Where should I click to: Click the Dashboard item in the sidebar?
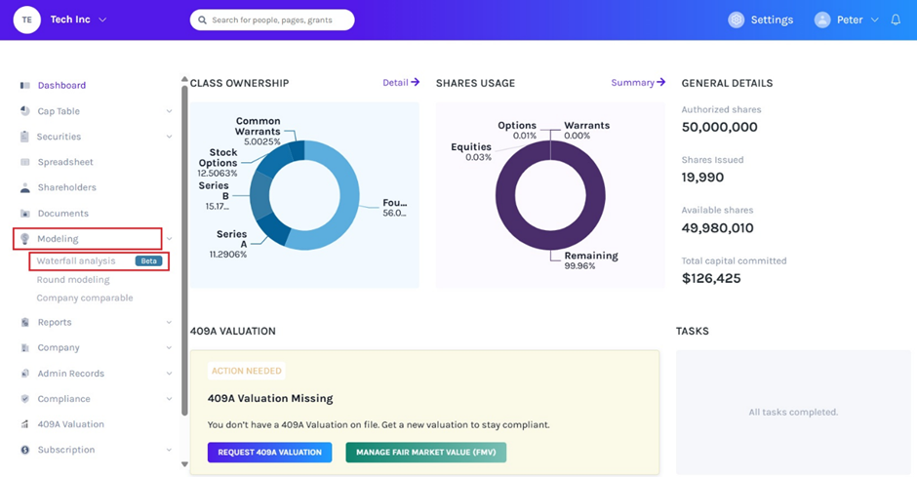[61, 85]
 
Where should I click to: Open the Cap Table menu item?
[59, 111]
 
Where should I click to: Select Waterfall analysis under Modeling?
[76, 260]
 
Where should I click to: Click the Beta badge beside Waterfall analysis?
[148, 260]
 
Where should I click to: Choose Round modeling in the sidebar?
[73, 279]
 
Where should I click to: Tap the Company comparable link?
[85, 298]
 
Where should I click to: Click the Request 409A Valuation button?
[269, 453]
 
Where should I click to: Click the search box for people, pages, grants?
[272, 20]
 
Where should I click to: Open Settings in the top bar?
[760, 20]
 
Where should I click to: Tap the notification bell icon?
[896, 20]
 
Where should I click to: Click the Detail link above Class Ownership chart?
[401, 82]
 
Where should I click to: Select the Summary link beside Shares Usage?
[638, 82]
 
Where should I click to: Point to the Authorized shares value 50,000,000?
[719, 127]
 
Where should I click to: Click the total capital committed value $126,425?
[711, 278]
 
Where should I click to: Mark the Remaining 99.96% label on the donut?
[590, 260]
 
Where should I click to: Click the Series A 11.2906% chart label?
[228, 244]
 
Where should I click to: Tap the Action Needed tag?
[246, 371]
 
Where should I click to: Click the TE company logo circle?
[27, 20]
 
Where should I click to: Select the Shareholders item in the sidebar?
[66, 187]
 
